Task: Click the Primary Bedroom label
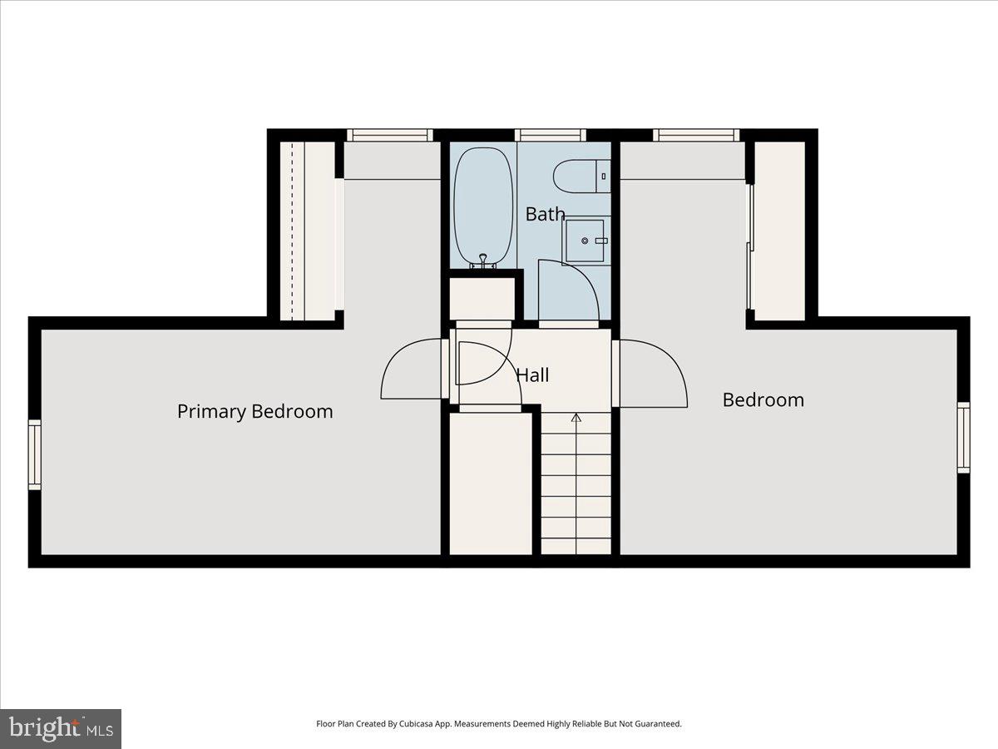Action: click(x=254, y=411)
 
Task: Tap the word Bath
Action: click(x=545, y=214)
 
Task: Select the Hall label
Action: click(x=532, y=375)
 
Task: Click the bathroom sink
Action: click(x=587, y=241)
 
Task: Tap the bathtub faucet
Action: click(x=482, y=260)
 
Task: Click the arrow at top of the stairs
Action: click(x=576, y=418)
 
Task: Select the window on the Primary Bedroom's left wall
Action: click(x=35, y=454)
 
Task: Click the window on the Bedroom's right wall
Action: click(x=963, y=437)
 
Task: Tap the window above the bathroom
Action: click(x=550, y=135)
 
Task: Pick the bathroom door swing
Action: click(x=570, y=291)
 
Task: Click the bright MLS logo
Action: click(x=61, y=729)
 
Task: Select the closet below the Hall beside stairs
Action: click(x=490, y=483)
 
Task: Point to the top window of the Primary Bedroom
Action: click(x=390, y=135)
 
